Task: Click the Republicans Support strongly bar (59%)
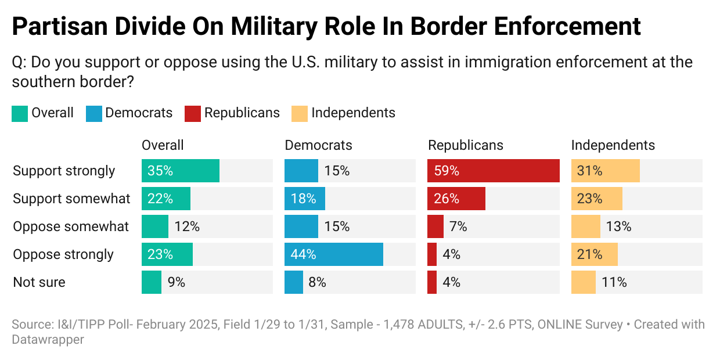tap(494, 171)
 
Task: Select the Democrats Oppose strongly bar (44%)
tap(334, 254)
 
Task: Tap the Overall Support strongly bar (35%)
tap(181, 171)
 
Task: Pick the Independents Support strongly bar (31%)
tap(606, 171)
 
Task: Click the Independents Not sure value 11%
tap(614, 282)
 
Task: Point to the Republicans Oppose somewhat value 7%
tap(458, 226)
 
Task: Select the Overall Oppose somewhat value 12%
tap(187, 226)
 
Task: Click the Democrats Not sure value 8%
tap(317, 282)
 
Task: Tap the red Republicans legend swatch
tap(193, 113)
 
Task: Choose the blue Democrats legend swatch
tap(93, 113)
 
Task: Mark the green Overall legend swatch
tap(20, 113)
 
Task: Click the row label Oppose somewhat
tap(71, 226)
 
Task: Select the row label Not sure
tap(39, 282)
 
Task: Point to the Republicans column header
tap(466, 145)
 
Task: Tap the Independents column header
tap(613, 145)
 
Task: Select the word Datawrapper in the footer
tap(48, 340)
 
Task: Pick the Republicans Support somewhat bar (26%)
tap(456, 199)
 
